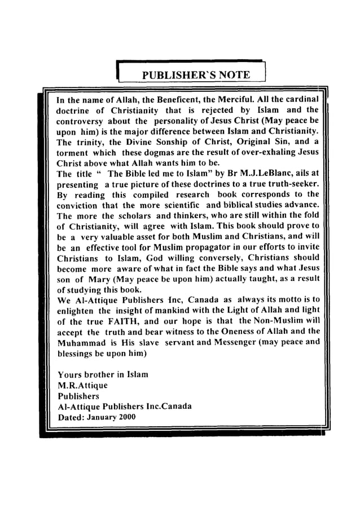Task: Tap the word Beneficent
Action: [182, 100]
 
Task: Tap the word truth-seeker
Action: [289, 184]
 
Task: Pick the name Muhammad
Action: [82, 342]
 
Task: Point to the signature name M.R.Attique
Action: [82, 386]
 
